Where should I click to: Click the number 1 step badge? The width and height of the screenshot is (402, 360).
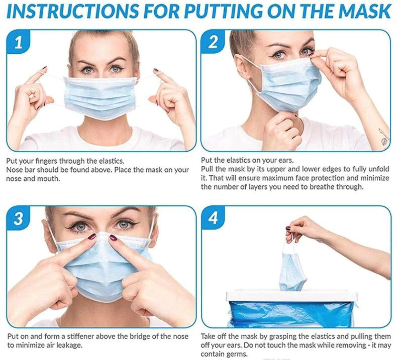18,42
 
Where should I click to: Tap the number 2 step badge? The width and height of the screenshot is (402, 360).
213,42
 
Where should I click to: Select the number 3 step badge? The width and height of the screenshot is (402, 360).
18,219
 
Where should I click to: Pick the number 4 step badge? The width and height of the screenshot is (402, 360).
213,219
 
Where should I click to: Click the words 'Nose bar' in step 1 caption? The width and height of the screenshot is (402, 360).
20,170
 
